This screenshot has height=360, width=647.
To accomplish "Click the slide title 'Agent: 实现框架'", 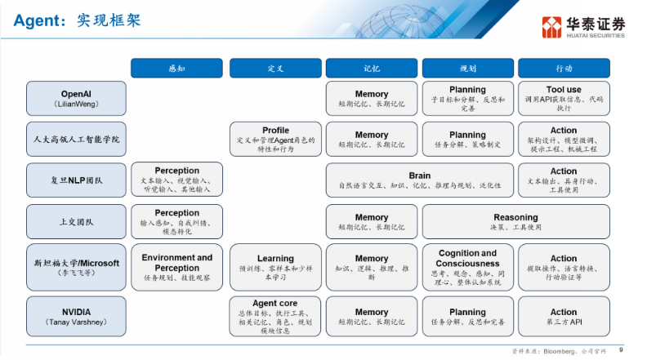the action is tap(77, 20).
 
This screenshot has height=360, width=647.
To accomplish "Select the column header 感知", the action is tap(176, 69).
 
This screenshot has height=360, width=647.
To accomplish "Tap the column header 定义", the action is tap(274, 69).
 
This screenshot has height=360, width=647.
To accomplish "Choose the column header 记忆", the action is tap(372, 69).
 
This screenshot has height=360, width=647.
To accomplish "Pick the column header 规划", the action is tap(467, 69).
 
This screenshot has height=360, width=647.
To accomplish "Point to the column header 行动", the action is tap(564, 69).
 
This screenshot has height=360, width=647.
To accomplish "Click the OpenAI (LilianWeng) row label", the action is tap(76, 98).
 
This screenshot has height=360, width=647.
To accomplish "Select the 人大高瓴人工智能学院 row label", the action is tap(76, 140).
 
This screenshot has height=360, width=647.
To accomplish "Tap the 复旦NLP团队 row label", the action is tap(76, 180).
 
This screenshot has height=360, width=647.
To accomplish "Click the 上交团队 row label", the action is tap(76, 221).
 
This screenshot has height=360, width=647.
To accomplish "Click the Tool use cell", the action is tap(564, 98).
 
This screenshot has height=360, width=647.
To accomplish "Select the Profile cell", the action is tap(275, 140).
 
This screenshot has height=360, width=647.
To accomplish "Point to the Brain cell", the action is tap(420, 180).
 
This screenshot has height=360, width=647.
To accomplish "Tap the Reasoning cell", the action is tap(515, 221).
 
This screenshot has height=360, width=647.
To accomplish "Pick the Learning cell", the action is tap(275, 267).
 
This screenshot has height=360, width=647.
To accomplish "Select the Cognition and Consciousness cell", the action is tap(467, 267).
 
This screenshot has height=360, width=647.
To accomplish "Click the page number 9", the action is tap(622, 349).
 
